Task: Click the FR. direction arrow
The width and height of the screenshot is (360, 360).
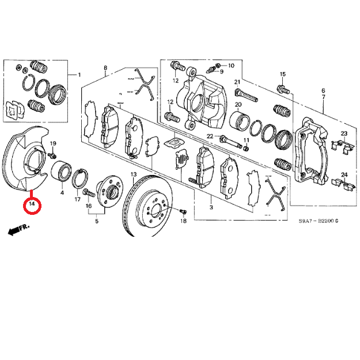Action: coord(19,230)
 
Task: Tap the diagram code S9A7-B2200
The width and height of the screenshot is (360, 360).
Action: coord(319,221)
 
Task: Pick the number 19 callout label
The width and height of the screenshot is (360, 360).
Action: coord(52,143)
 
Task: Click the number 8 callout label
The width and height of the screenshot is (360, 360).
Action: coord(105,69)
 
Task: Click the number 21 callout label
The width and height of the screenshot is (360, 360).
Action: coord(237,82)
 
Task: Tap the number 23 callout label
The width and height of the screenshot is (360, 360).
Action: coord(344,134)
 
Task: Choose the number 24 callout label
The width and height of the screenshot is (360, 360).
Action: coord(344,175)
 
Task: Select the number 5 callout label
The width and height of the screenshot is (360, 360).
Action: coord(97,221)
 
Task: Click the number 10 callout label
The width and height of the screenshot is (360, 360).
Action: coord(232,65)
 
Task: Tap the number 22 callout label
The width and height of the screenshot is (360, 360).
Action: coord(210,137)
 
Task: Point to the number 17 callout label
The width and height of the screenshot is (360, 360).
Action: coord(77,199)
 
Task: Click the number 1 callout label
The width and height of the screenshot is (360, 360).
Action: coord(79,75)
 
